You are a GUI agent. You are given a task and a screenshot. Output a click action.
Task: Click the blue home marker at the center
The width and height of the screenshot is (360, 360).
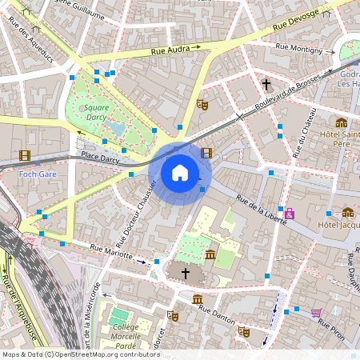[180, 172]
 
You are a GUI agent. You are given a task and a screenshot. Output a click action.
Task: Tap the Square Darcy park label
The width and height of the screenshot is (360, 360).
[96, 112]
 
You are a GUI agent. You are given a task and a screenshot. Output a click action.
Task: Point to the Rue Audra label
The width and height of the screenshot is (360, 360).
[171, 50]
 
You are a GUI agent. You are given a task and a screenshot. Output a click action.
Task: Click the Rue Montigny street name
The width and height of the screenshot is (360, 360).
[298, 48]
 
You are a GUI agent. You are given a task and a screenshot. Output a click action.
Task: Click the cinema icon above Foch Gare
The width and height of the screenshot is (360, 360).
[25, 155]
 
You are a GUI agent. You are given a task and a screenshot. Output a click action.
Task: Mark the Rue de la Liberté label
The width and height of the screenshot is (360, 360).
[261, 201]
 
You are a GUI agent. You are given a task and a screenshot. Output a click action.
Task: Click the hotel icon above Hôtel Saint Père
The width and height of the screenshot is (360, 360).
[342, 122]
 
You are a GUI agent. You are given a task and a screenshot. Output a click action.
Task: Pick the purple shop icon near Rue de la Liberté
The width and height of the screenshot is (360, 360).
[289, 213]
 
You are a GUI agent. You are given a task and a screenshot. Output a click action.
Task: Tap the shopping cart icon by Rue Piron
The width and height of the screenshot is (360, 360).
[317, 312]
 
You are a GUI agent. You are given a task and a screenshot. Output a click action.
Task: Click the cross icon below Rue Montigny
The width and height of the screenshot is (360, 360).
[266, 83]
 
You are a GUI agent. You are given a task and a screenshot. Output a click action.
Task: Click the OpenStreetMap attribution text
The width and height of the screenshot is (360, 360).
[80, 354]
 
